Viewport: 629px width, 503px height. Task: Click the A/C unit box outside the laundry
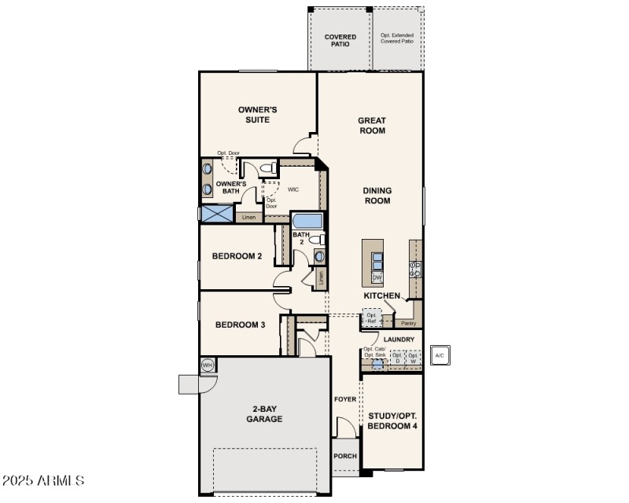(440, 355)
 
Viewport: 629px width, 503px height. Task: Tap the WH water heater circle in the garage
(208, 365)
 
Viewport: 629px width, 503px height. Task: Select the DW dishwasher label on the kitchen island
(377, 277)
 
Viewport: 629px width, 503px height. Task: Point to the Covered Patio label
(340, 40)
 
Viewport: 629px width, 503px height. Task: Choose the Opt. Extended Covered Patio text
(396, 39)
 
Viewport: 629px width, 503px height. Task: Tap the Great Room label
(372, 126)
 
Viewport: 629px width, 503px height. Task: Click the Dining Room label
(377, 196)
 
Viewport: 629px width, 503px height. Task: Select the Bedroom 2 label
(237, 256)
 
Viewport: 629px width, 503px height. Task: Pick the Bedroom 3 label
(240, 325)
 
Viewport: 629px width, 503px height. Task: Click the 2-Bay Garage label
(262, 413)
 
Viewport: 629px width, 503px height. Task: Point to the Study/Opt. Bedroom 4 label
(392, 420)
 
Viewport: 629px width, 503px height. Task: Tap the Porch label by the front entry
(344, 456)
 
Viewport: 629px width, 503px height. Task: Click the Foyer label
(345, 399)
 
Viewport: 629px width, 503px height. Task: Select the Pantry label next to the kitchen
(408, 323)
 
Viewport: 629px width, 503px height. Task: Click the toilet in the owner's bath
(266, 168)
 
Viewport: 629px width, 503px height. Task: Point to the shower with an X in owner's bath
(216, 214)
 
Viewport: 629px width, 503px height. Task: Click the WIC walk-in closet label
(293, 189)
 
